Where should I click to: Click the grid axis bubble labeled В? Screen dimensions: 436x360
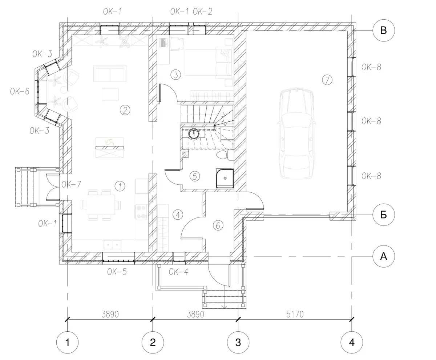[384, 30]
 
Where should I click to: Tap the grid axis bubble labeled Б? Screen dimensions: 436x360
[384, 215]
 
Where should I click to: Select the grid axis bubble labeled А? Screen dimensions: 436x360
[384, 256]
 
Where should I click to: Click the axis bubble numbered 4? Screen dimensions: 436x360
[352, 342]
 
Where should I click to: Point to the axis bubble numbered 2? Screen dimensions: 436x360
[153, 342]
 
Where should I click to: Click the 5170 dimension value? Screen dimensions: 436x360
[295, 314]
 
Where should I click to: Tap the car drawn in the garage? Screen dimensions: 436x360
[296, 133]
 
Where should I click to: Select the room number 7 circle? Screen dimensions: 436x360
[327, 80]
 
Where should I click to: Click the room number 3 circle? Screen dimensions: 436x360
[175, 75]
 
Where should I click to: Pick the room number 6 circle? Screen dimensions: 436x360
[218, 225]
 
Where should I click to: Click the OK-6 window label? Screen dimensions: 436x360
[20, 91]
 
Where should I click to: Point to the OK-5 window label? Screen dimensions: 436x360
[117, 272]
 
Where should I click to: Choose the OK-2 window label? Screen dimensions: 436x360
[202, 12]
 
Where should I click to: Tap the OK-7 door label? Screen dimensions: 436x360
[71, 184]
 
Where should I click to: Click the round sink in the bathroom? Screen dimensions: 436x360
[194, 133]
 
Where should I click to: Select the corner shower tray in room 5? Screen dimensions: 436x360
[225, 178]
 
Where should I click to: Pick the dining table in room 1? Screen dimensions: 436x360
[101, 205]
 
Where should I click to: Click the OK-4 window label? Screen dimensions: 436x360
[178, 272]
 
